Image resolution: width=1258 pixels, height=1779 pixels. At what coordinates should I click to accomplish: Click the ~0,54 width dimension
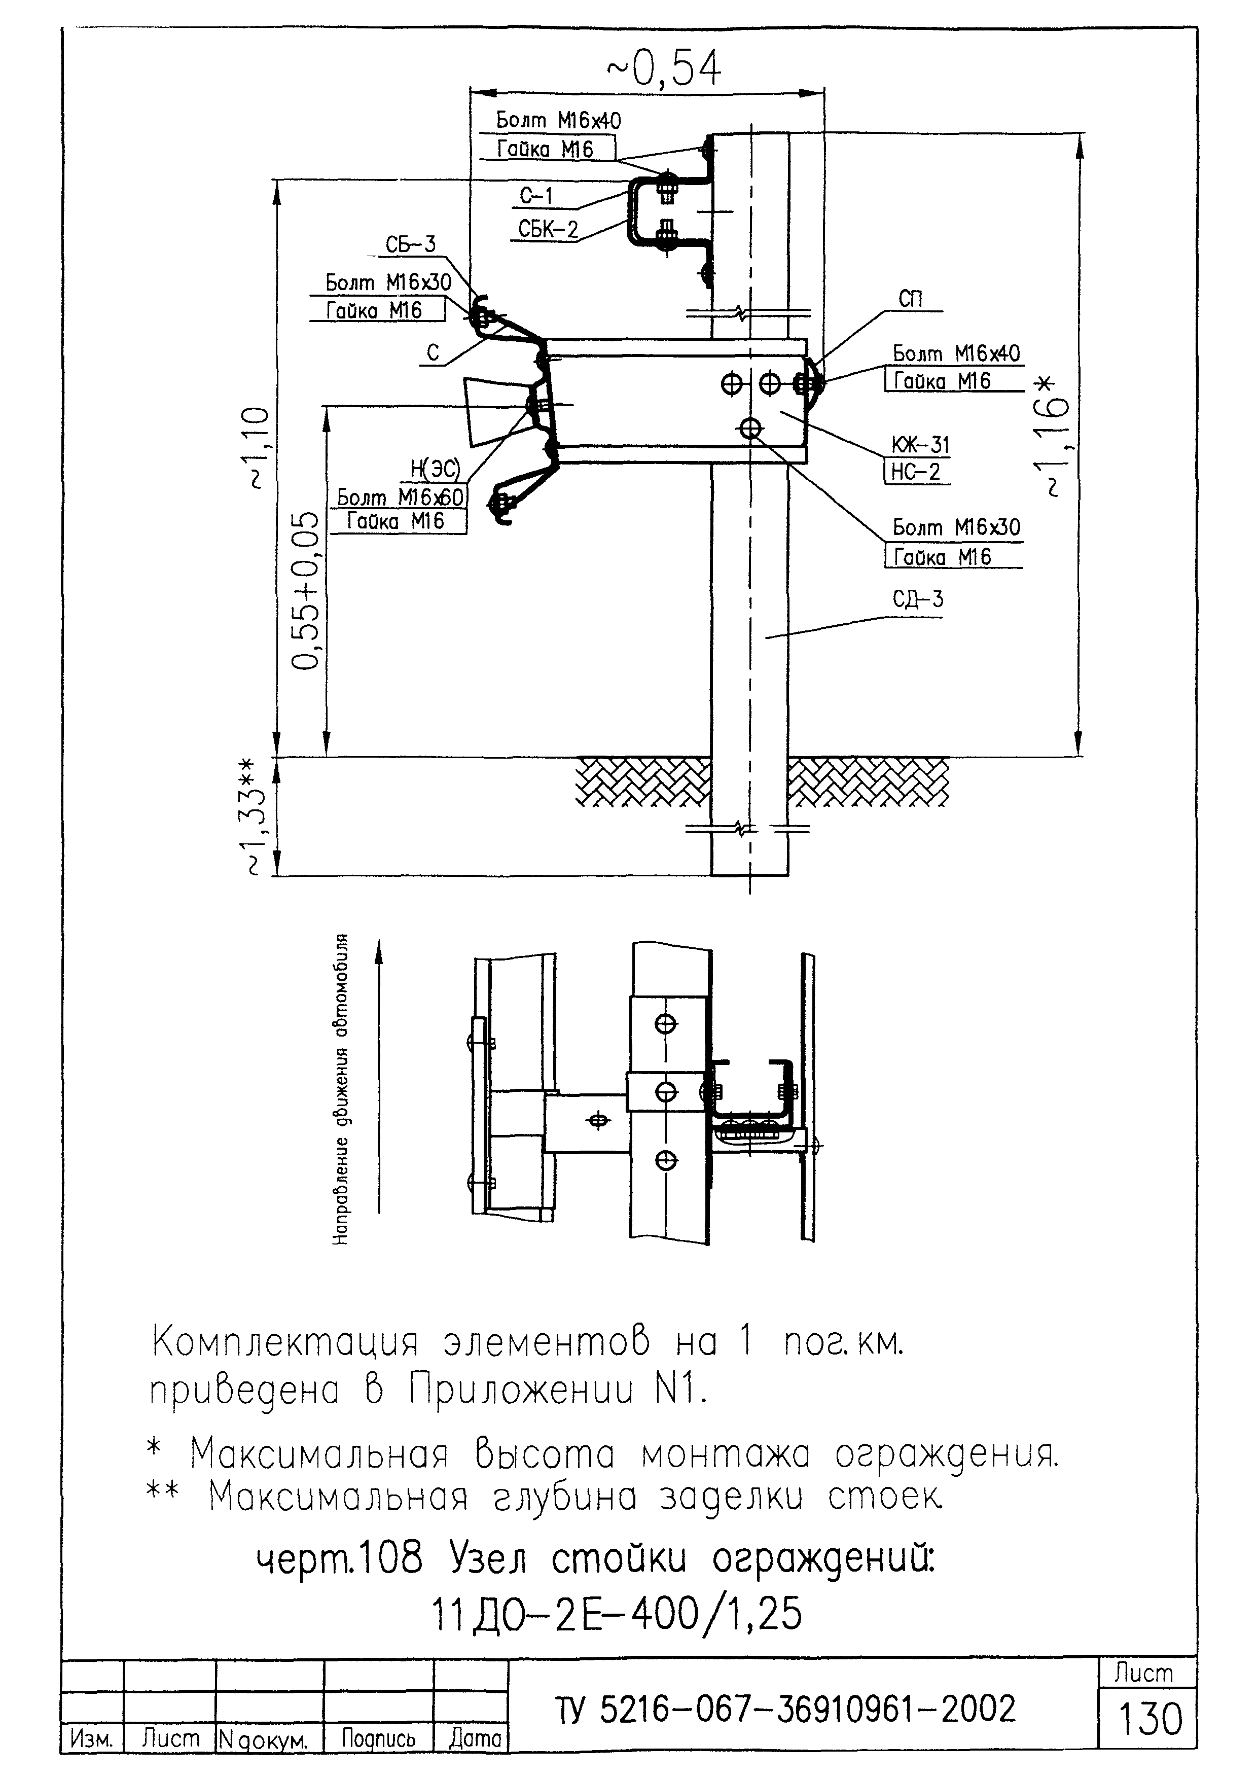663,69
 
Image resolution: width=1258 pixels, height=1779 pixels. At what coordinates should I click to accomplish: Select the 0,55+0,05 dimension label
305,590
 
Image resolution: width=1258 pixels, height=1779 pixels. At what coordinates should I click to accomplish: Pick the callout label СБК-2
548,229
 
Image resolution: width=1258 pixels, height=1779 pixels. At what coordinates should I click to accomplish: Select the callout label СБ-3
411,245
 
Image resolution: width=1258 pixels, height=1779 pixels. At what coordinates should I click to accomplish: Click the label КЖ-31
920,445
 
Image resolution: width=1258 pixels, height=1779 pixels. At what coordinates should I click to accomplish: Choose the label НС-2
916,472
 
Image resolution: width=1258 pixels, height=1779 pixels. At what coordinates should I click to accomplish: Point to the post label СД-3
918,599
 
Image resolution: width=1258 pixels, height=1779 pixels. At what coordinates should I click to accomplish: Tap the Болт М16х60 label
400,496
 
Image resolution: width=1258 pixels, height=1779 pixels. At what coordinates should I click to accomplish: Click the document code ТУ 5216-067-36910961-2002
785,1709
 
